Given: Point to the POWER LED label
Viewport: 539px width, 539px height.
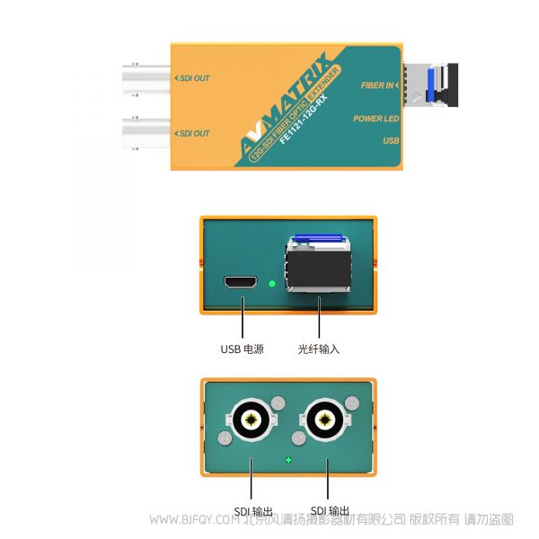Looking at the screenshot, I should tap(376, 119).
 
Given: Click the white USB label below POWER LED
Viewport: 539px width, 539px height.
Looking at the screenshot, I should tap(391, 141).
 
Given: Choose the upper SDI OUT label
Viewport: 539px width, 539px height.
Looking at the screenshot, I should tap(192, 79).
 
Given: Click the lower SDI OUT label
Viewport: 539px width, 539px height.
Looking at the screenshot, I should tap(192, 134).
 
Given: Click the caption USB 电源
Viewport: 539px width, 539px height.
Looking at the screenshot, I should tap(242, 349).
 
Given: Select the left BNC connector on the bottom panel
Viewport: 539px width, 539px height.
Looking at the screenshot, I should tap(249, 419).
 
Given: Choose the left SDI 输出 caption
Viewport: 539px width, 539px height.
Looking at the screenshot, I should tap(254, 512).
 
